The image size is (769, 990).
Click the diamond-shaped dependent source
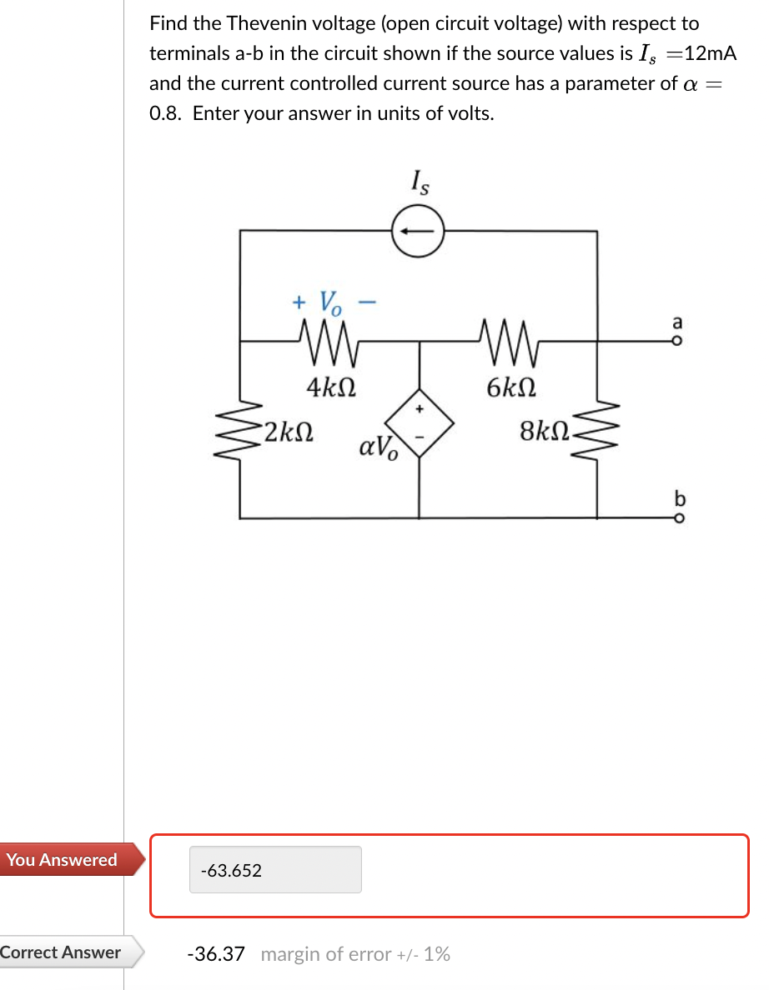pyautogui.click(x=419, y=423)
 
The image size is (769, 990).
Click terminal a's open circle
pyautogui.click(x=677, y=340)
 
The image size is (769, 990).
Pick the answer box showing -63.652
pyautogui.click(x=275, y=870)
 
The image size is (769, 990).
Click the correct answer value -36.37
pyautogui.click(x=216, y=953)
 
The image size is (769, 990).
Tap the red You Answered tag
pyautogui.click(x=62, y=860)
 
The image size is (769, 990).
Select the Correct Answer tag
pyautogui.click(x=62, y=952)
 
